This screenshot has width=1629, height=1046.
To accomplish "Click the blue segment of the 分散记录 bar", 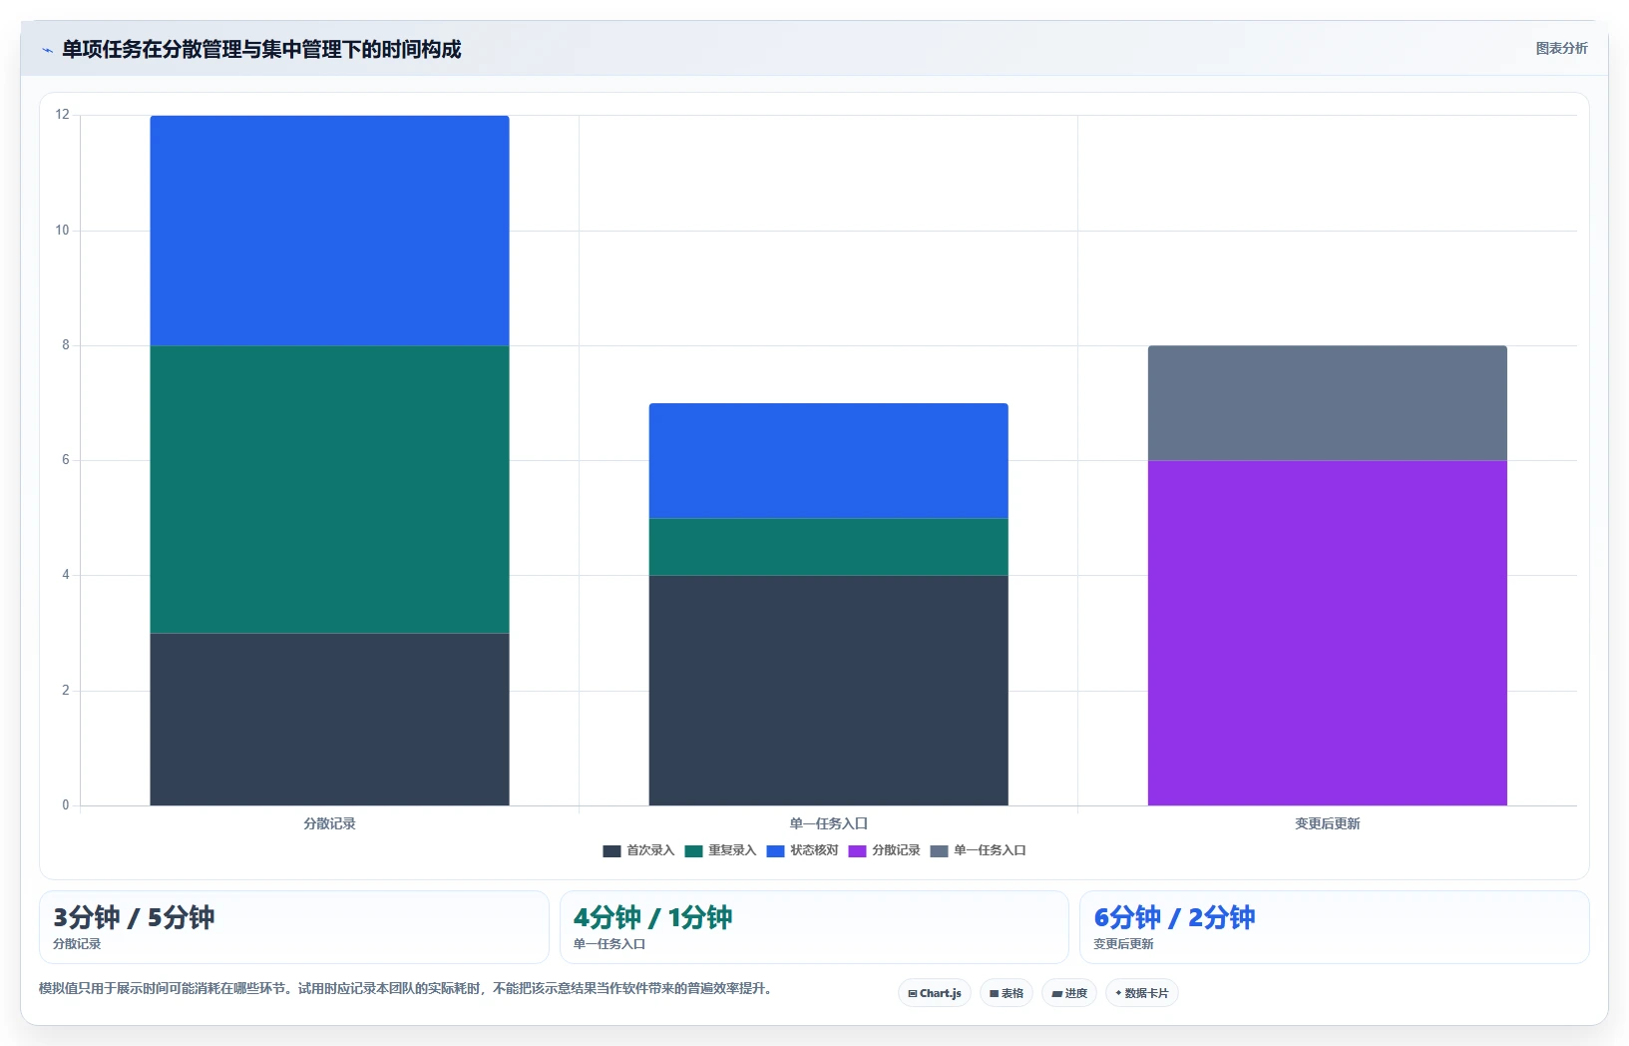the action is coord(329,231).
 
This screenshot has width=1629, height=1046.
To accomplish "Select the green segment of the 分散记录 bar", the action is coord(329,489).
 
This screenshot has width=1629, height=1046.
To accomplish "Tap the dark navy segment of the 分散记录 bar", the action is coord(329,719).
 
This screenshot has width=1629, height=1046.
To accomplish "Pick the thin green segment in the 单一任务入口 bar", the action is coord(828,547).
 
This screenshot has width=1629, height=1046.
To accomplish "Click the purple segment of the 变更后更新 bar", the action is coord(1327,633).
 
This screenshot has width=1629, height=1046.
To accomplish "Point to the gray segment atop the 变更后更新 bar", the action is coord(1327,403).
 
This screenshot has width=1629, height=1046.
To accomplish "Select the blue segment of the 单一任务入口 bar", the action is coord(828,460).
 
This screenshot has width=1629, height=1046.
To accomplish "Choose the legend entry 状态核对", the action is coord(802,850).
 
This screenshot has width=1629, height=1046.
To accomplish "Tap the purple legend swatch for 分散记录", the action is coord(858,851).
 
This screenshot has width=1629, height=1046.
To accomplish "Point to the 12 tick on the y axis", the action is coord(63,114).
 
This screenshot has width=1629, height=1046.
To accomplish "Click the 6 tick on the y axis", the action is coord(66,460).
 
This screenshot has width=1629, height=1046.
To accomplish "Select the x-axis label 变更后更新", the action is coord(1327,823).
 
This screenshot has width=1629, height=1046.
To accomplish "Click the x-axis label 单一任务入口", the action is coord(828,823).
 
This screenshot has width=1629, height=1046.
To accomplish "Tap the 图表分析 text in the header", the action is coord(1561,48).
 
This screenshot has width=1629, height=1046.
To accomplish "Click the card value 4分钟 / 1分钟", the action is coord(652,917).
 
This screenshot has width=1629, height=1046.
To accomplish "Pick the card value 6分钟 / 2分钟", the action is coord(1174,917).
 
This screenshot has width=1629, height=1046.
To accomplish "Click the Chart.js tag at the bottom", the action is coord(935,993).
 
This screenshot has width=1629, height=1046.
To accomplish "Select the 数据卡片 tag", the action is coord(1142,993).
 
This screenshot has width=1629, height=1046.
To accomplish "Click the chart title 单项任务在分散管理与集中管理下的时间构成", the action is coord(261,50).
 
